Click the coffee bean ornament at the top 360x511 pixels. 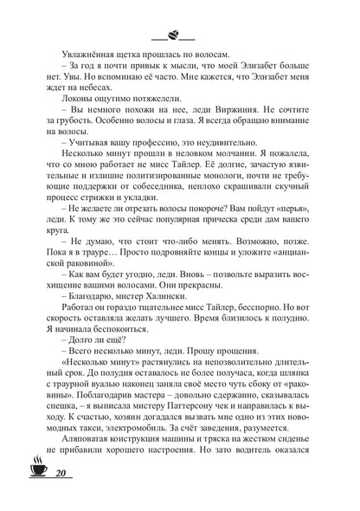(173, 36)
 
